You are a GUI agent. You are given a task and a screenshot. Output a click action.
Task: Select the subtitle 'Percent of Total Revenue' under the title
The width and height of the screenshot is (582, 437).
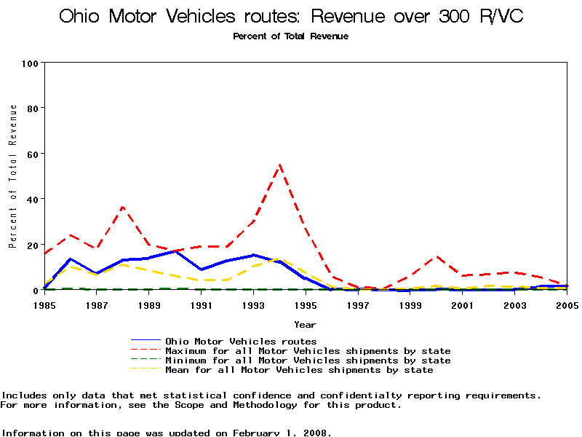(x=291, y=36)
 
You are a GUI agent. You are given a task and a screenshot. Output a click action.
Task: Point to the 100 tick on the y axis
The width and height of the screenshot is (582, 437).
(x=29, y=63)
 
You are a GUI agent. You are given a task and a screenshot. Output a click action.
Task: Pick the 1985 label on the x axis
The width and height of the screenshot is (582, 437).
(x=44, y=305)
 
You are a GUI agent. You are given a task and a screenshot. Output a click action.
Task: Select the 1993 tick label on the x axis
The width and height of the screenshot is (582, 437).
(x=254, y=305)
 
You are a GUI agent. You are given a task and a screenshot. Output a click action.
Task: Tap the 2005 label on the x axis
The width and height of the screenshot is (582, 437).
(x=567, y=305)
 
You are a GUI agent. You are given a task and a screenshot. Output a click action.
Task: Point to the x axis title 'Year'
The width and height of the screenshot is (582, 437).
(x=306, y=324)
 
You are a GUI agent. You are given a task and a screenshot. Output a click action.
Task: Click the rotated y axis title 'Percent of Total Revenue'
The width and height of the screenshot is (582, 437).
(x=12, y=176)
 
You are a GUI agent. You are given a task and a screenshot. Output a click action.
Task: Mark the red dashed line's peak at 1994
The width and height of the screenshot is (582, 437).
(x=280, y=165)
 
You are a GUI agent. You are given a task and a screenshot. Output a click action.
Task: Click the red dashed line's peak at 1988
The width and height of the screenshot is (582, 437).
(x=123, y=207)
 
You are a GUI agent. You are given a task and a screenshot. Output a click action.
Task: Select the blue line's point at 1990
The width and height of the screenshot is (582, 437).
(x=175, y=251)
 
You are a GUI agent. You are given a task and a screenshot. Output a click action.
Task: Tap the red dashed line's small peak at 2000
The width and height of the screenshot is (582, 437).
(x=436, y=256)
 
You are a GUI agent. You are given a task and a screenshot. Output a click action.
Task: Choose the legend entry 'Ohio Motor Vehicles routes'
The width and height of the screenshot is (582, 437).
(x=241, y=341)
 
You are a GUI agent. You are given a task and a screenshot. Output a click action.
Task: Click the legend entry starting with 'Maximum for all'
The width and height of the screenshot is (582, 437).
(x=308, y=351)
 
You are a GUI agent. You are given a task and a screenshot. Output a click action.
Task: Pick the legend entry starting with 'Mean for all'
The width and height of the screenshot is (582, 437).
(x=299, y=370)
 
